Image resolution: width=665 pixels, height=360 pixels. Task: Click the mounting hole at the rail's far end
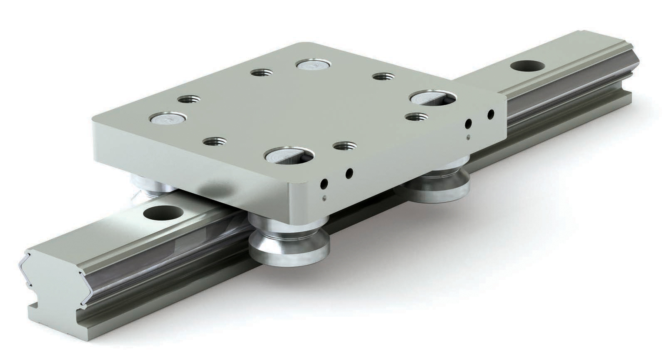pos(527,66)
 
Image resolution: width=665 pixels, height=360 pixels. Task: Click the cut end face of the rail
pos(54,283)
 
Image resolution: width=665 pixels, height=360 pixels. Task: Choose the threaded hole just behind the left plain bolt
pos(188,100)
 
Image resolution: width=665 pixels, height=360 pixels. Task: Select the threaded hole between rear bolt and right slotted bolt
pos(383,77)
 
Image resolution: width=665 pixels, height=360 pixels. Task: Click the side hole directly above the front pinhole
pos(324,184)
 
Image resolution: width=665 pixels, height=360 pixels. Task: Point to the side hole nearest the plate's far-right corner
pos(491,113)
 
